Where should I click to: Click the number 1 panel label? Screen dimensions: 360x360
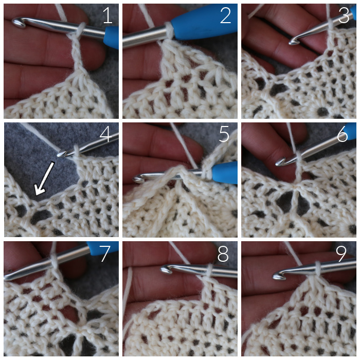click(107, 15)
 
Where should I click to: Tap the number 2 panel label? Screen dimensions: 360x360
click(225, 15)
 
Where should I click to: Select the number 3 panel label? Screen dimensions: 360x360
click(344, 15)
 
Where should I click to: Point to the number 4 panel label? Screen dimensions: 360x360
click(106, 134)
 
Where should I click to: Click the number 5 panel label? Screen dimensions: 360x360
click(224, 134)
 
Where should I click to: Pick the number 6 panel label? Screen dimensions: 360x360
click(343, 134)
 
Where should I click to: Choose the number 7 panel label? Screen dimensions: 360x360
click(105, 254)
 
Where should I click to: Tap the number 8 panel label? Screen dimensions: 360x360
click(223, 254)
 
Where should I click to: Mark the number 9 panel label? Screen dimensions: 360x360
click(341, 254)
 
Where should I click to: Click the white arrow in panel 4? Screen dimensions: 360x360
click(44, 178)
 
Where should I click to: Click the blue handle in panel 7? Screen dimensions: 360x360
click(103, 247)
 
